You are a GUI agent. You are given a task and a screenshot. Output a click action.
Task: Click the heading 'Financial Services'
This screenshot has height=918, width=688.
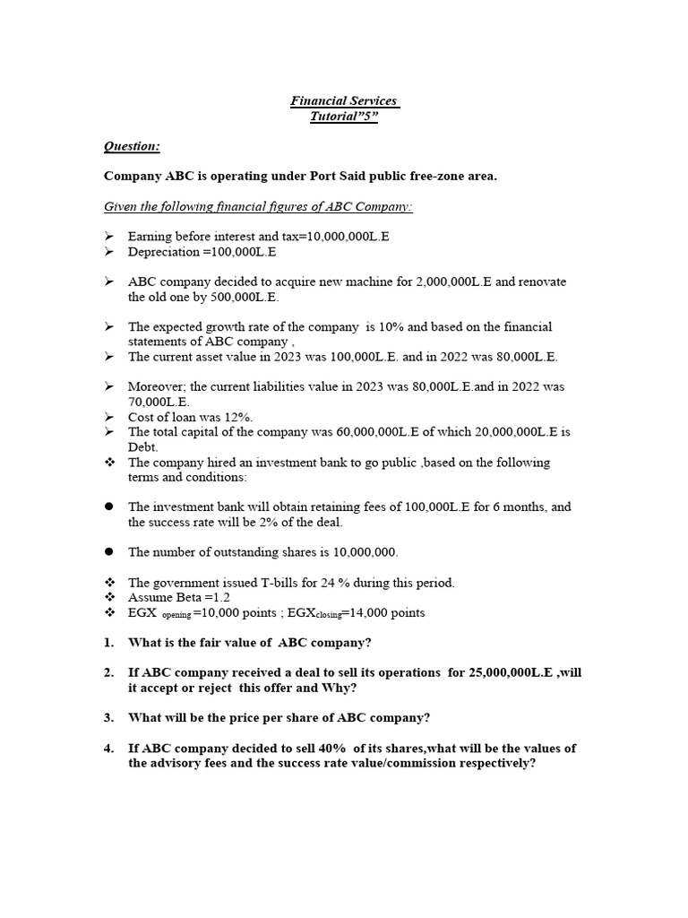pos(344,101)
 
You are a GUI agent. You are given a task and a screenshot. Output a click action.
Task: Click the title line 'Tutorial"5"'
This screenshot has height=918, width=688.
pos(344,117)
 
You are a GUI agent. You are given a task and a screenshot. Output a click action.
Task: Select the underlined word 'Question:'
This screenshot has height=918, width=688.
pos(133,146)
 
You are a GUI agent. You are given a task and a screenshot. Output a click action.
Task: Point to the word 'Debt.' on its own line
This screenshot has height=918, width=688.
pos(143,447)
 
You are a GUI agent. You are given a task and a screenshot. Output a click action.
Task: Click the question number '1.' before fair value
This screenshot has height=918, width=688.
pos(108,643)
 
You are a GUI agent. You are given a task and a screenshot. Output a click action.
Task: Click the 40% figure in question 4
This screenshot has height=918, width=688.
pos(297,749)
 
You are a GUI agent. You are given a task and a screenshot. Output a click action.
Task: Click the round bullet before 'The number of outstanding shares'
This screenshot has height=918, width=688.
pos(109,552)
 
